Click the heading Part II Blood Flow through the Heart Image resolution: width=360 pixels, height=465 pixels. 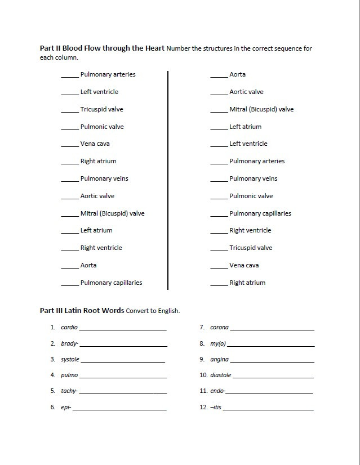(x=102, y=48)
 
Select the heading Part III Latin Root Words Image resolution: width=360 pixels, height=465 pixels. (x=82, y=310)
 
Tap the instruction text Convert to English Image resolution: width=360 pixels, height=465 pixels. (x=153, y=311)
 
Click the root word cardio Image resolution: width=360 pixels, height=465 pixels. (x=69, y=327)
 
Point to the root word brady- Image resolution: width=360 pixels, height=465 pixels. (x=69, y=343)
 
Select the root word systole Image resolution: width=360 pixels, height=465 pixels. (x=70, y=359)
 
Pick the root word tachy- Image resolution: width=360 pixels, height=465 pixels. (x=69, y=391)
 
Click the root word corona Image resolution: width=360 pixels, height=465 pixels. (x=219, y=327)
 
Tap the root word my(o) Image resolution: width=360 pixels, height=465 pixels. (x=217, y=343)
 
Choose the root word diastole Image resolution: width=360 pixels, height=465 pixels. (x=220, y=375)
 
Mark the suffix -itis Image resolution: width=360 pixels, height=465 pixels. (x=216, y=407)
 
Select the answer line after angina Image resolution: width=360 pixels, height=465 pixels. (x=272, y=361)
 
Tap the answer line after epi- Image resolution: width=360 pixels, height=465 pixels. (x=119, y=409)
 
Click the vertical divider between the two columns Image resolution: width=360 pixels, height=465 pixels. (x=168, y=180)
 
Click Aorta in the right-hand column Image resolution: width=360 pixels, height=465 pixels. (x=237, y=74)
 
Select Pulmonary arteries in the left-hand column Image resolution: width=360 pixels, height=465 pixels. (x=108, y=74)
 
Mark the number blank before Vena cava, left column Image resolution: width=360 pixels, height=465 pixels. (x=70, y=146)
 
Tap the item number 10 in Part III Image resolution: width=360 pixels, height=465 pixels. (x=203, y=375)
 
